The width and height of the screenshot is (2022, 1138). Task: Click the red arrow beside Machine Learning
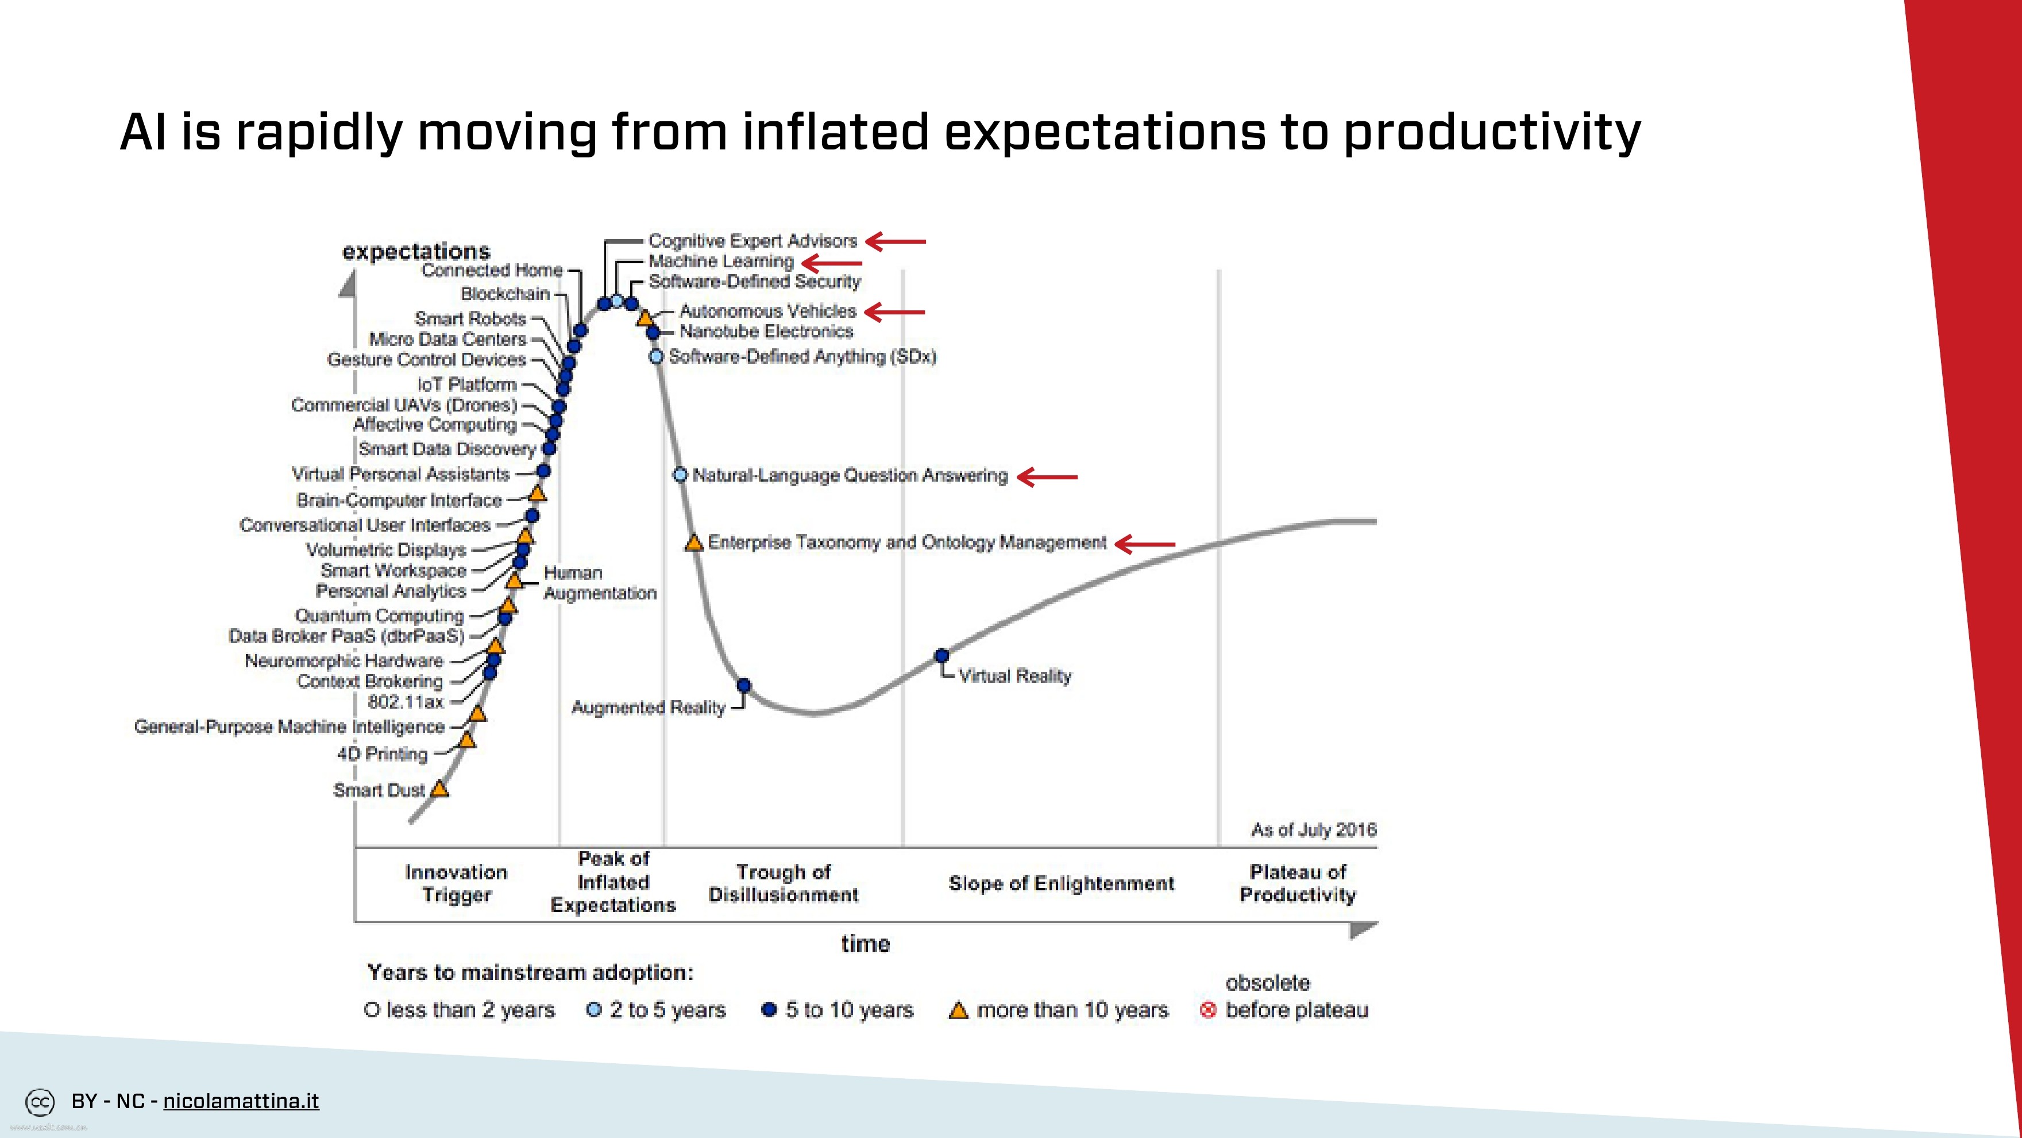[x=832, y=263]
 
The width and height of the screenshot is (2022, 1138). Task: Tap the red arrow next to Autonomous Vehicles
[x=895, y=312]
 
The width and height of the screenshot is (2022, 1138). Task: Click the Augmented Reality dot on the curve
[x=744, y=686]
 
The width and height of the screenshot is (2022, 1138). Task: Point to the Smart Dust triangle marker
[x=439, y=789]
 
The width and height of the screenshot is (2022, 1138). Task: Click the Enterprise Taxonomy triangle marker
[x=694, y=543]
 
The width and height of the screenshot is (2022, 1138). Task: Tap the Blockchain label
[x=505, y=294]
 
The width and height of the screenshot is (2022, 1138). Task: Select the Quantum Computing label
[x=380, y=616]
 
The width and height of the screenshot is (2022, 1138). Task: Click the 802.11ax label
[x=406, y=701]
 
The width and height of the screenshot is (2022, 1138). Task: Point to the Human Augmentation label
[x=600, y=583]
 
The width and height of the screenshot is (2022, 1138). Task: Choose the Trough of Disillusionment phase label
[x=784, y=883]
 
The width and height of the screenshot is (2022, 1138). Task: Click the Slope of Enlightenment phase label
[x=1061, y=883]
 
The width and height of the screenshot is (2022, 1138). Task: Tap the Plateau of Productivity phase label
[x=1298, y=883]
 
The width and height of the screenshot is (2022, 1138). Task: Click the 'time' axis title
[x=865, y=943]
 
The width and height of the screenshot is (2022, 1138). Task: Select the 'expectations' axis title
[x=416, y=251]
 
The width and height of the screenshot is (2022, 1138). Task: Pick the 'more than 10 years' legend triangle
[x=958, y=1010]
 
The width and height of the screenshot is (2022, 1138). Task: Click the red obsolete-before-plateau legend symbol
[x=1208, y=1010]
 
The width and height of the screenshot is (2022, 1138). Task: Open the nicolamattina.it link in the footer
[x=241, y=1101]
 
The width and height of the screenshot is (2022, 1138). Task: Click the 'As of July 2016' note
[x=1313, y=829]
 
